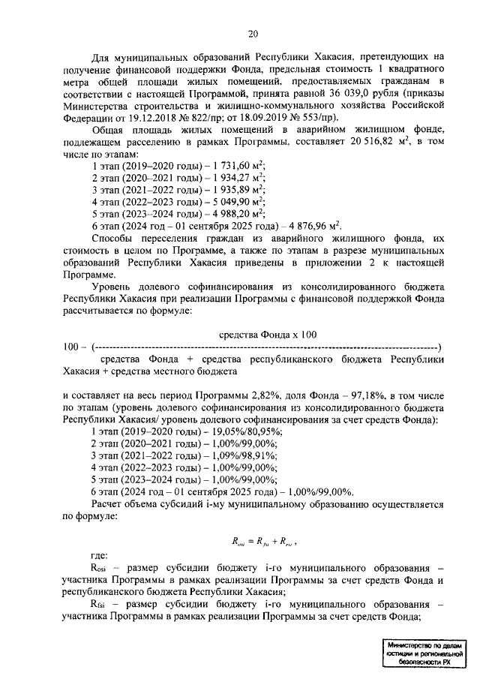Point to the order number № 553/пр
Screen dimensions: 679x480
click(313, 117)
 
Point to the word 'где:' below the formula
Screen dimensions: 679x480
click(98, 556)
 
